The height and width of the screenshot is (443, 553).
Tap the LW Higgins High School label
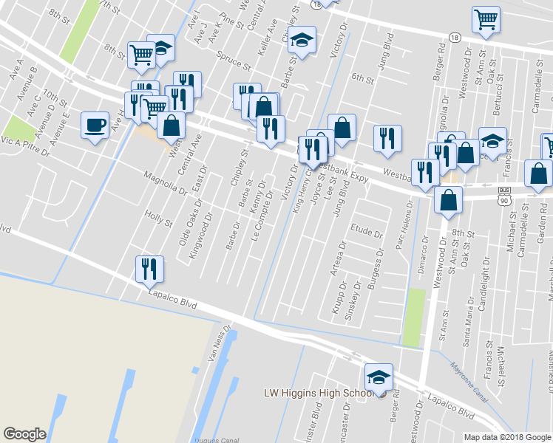pyautogui.click(x=317, y=393)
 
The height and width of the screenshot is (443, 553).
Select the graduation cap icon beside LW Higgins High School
pyautogui.click(x=379, y=377)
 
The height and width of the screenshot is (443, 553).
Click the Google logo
pyautogui.click(x=25, y=434)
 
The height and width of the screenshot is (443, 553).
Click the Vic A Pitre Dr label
pyautogui.click(x=26, y=146)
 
